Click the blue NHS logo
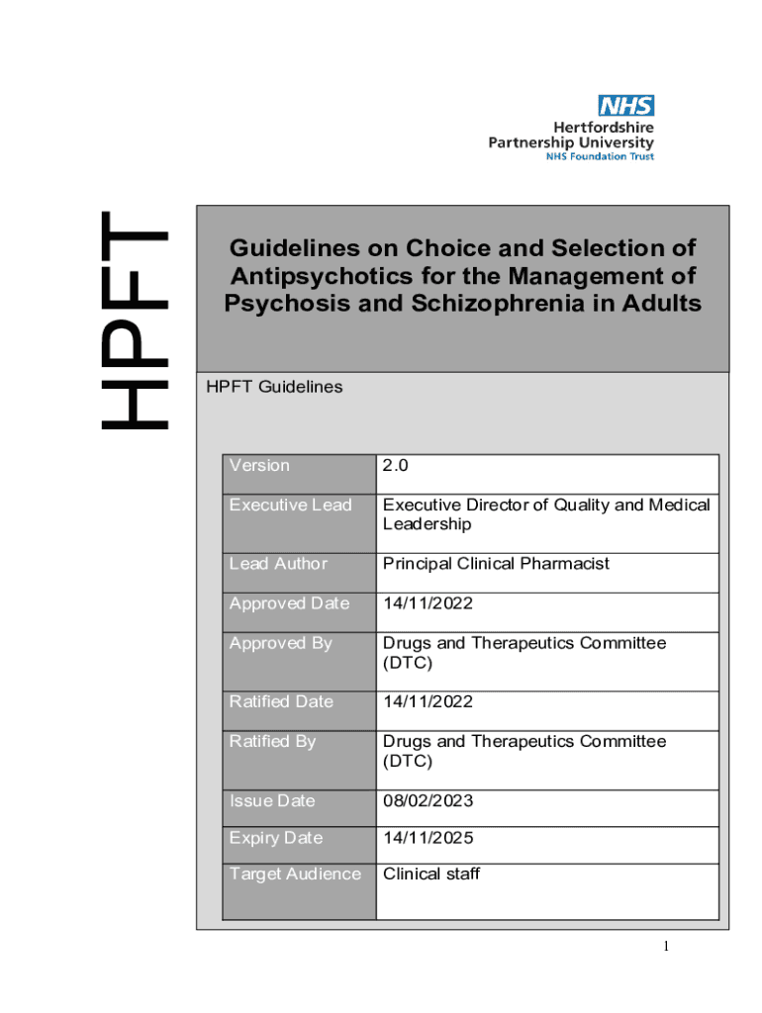[625, 105]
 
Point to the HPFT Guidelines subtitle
[274, 387]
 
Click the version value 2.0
[396, 465]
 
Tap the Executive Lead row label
[290, 505]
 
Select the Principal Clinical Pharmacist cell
[496, 564]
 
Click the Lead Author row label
[278, 564]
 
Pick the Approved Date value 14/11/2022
[428, 603]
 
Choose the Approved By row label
[280, 643]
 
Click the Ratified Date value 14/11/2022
[428, 702]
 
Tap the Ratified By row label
[272, 741]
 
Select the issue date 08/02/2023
[429, 800]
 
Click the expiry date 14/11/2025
[429, 838]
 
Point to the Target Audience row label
[295, 875]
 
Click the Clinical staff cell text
[431, 875]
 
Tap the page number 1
[667, 948]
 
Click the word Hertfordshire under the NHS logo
[603, 127]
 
